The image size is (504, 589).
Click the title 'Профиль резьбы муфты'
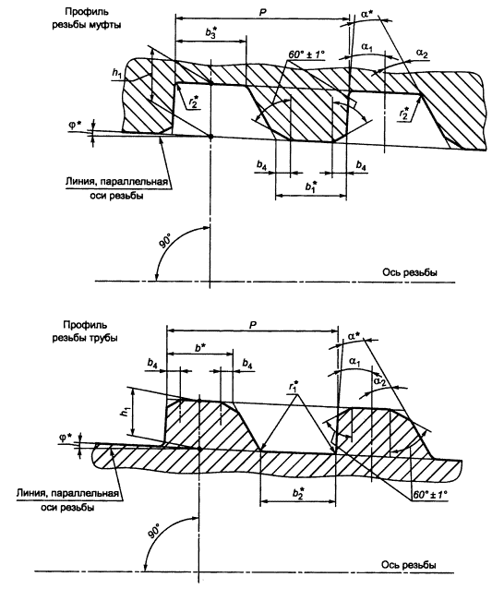pos(87,18)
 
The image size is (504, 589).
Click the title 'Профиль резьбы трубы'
pos(85,331)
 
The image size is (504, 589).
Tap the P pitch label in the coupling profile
pos(262,12)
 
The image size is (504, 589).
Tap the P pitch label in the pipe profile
pos(253,325)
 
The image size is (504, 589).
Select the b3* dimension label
pos(211,32)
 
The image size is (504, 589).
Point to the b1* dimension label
pos(311,186)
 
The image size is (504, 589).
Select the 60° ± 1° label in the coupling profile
pos(306,54)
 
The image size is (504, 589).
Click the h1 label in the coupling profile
pos(116,73)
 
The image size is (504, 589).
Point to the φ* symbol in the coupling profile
pos(77,125)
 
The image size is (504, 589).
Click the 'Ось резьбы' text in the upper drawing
pos(410,272)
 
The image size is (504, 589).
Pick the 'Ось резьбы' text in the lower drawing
pos(409,565)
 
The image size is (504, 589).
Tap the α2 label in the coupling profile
pos(422,54)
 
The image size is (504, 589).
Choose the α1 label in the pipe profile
pos(354,362)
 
